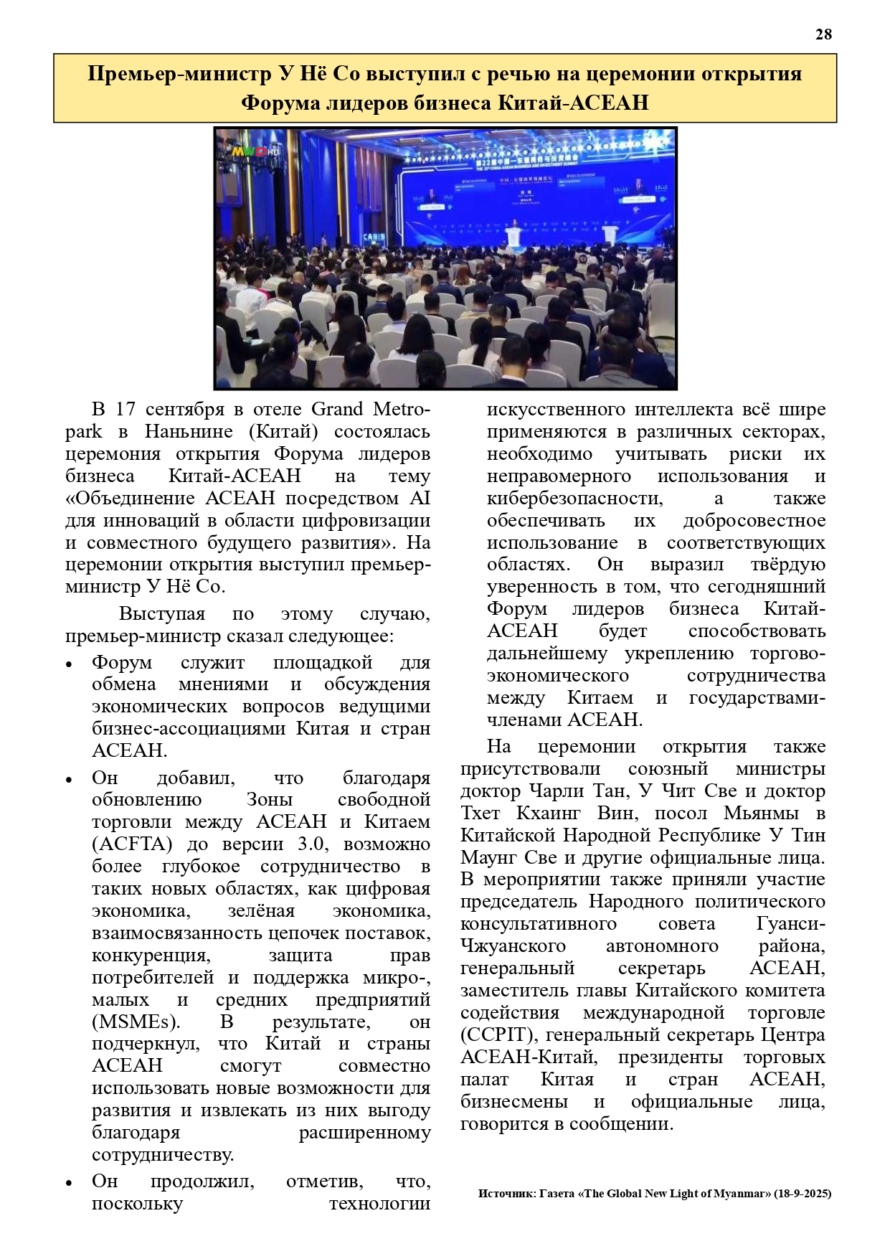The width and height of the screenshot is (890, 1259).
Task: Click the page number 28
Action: (x=823, y=34)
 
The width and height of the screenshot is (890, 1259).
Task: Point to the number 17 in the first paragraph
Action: (x=126, y=409)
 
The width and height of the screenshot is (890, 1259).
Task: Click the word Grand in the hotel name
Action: (x=336, y=409)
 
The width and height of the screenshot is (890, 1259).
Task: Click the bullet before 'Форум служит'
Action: (x=69, y=664)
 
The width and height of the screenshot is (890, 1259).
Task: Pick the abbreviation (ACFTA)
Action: (x=133, y=844)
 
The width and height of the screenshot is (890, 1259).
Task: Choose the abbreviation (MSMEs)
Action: (x=136, y=1022)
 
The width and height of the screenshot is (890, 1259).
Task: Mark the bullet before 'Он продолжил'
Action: (x=69, y=1182)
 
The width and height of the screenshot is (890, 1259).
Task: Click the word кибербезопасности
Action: (x=574, y=498)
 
